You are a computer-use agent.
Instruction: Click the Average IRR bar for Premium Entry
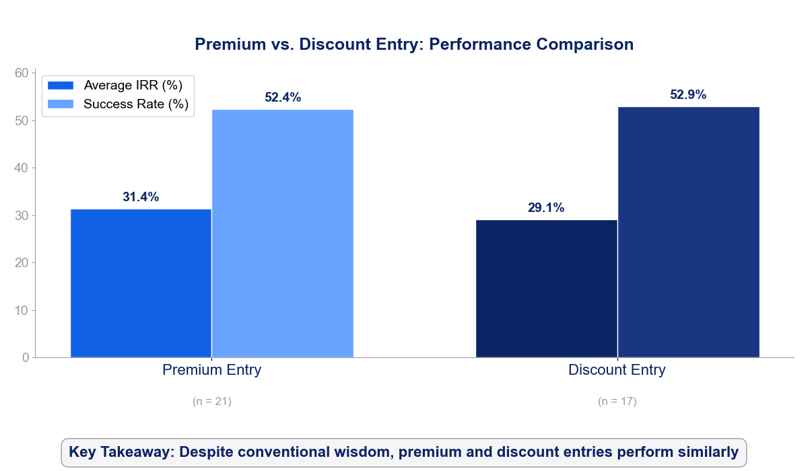coord(141,283)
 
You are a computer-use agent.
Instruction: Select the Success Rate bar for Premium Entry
coord(283,233)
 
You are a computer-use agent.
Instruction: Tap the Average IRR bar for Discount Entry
coord(546,289)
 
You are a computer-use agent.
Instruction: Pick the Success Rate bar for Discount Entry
coord(688,232)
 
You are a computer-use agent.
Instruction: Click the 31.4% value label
coord(141,197)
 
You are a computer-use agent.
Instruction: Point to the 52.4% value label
coord(283,98)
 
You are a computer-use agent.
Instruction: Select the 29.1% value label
coord(546,208)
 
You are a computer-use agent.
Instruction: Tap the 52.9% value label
coord(688,95)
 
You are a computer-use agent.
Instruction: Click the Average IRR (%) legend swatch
coord(61,85)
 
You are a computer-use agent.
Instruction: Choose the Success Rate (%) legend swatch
coord(61,104)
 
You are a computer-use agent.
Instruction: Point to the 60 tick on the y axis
coord(22,73)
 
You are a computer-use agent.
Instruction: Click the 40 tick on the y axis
coord(22,168)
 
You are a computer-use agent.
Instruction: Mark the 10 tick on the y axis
coord(22,310)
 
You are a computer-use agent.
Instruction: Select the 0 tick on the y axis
coord(26,358)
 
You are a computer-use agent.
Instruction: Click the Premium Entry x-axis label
coord(212,370)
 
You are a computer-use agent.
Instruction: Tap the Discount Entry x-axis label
coord(617,370)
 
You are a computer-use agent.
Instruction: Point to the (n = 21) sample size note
coord(212,402)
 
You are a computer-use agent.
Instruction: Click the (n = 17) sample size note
coord(617,402)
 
